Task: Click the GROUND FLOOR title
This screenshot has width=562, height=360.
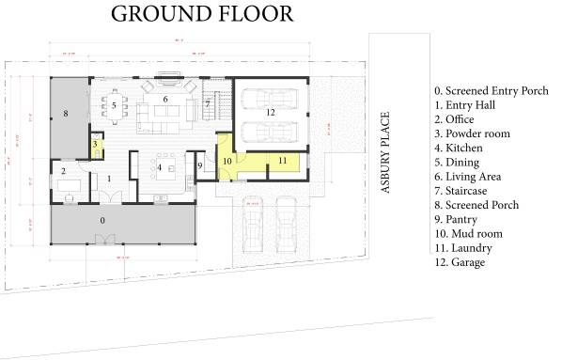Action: [200, 14]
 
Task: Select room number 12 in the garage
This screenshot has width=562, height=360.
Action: [269, 113]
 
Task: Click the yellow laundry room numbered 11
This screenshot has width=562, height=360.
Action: [281, 162]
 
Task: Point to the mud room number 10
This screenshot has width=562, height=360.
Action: [226, 161]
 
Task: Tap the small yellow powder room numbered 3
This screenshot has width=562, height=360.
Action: [95, 144]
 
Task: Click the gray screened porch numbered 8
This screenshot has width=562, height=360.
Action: [65, 114]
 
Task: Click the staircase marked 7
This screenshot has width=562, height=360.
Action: [208, 104]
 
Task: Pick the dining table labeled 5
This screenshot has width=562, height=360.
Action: [113, 106]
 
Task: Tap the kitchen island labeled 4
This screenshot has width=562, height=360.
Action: [160, 169]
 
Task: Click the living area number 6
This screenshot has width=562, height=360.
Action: [165, 99]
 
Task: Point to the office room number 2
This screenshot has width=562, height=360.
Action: [64, 171]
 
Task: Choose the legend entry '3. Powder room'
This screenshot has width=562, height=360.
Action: [472, 133]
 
